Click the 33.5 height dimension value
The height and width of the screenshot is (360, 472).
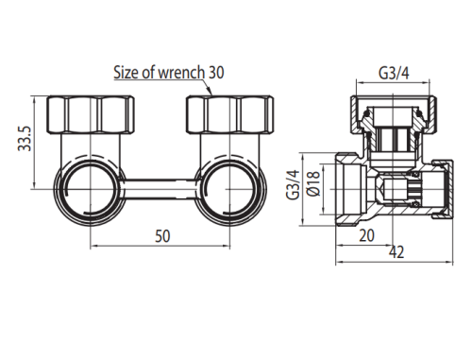25,139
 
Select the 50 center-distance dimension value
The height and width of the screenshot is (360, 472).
162,236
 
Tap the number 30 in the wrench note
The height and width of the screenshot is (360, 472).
216,72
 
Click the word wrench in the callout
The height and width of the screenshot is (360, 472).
181,72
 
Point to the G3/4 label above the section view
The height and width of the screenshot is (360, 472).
394,73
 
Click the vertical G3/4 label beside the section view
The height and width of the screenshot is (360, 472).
293,184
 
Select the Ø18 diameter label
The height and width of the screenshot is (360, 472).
313,183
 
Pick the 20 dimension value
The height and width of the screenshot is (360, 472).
366,235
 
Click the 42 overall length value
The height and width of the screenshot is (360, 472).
396,252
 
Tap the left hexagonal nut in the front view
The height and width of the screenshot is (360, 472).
91,114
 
